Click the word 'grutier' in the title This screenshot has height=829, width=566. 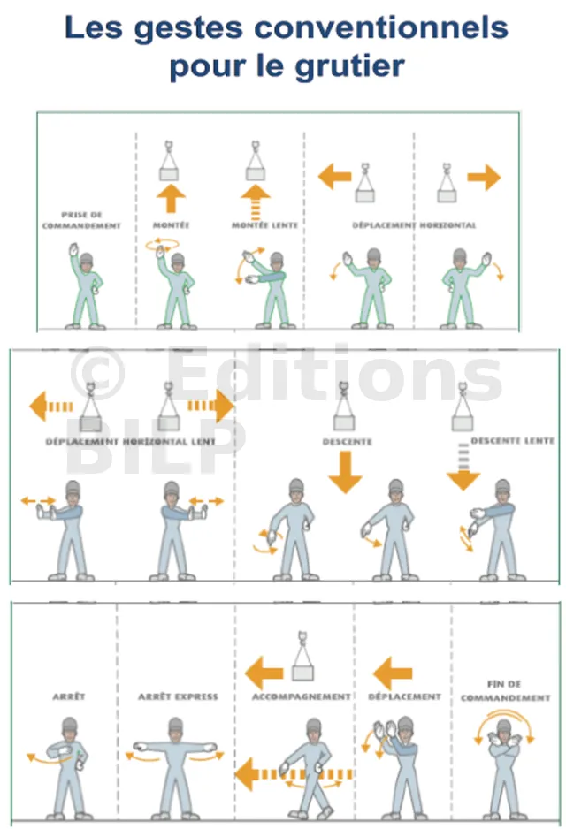pos(349,66)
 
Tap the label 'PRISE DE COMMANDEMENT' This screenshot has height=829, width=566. pos(81,220)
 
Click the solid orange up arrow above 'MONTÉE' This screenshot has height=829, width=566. pos(171,198)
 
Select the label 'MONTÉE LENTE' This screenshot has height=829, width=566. pos(264,225)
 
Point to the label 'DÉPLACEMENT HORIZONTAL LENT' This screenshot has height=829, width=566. pos(130,442)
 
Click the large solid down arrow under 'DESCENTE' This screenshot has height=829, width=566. pos(345,473)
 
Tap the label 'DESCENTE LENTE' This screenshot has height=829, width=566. pos(512,440)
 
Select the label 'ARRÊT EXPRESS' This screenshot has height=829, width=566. pos(178,696)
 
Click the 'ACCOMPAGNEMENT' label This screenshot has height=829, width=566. pos(301,696)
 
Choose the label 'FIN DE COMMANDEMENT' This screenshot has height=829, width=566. pos(505,690)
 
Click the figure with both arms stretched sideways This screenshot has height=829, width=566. pos(175,766)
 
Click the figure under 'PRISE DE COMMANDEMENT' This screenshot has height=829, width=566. pos(85,285)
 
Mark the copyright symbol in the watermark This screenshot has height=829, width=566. pos(97,373)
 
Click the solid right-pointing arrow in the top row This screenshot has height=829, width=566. pos(484,177)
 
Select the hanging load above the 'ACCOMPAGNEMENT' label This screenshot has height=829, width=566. pos(303,656)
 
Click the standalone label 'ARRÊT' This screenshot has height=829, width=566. pos(69,696)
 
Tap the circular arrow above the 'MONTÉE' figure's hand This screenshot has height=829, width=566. pos(163,244)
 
